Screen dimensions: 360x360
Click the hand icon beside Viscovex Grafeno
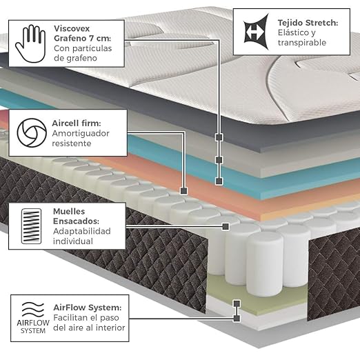pos(30,43)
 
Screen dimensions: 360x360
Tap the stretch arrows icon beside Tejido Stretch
pos(256,32)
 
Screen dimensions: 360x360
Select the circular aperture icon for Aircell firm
pos(32,132)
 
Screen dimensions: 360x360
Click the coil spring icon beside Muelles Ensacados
pos(31,226)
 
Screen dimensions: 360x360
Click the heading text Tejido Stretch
pos(308,23)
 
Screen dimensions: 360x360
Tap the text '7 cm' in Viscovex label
pos(99,38)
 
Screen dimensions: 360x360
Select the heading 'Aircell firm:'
pos(77,123)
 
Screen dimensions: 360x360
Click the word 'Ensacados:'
pos(76,221)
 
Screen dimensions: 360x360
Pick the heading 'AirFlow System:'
pos(88,308)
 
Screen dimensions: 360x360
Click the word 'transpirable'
pos(302,43)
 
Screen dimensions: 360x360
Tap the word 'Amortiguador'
pos(81,133)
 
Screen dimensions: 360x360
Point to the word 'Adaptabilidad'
pos(82,231)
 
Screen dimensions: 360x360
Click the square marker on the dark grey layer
pos(219,137)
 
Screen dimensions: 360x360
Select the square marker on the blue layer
pos(219,181)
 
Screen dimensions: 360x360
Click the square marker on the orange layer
pos(183,190)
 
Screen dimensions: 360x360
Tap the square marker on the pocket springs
pos(226,226)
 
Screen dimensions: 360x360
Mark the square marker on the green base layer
pos(237,303)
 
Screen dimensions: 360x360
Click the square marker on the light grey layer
pos(219,160)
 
